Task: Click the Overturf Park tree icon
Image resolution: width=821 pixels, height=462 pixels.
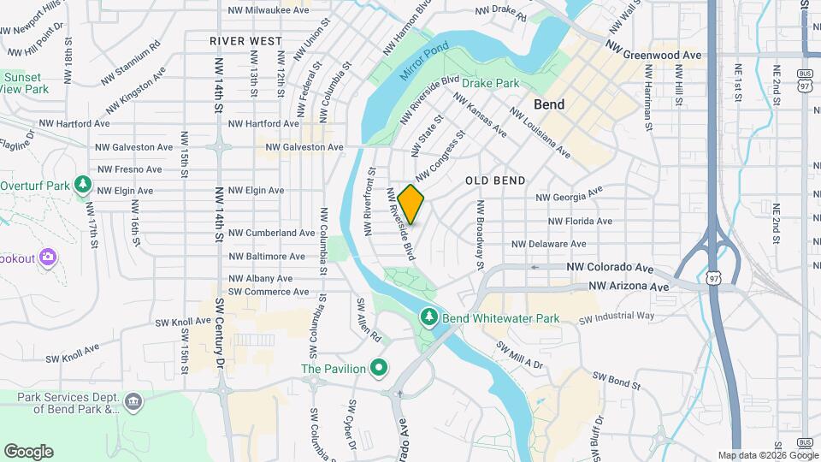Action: coord(83,185)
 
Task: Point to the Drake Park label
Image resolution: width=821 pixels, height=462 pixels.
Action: coord(491,84)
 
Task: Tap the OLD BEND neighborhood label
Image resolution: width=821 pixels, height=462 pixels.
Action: coord(495,181)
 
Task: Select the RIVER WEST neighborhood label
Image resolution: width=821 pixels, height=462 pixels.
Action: coord(245,41)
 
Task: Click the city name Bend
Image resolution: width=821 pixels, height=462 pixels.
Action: coord(548,104)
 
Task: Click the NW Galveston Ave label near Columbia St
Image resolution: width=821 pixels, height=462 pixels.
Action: coord(304,147)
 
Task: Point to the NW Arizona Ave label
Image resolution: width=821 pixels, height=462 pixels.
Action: coord(629,287)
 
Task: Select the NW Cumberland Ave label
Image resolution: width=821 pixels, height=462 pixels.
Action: coord(272,233)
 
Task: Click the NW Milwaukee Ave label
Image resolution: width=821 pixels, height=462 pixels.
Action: coord(268,10)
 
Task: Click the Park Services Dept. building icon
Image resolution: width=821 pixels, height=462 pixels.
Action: coord(133,402)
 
